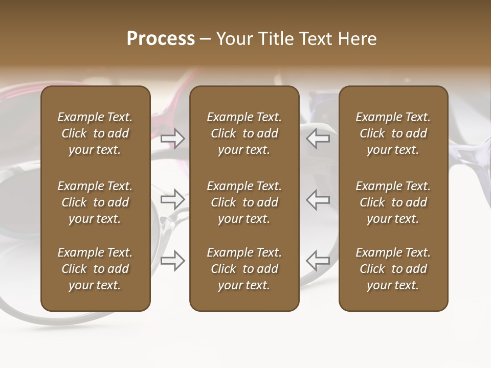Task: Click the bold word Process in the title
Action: (161, 39)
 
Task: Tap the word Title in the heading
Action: (275, 39)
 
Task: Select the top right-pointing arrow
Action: (173, 139)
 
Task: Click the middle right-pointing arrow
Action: (173, 199)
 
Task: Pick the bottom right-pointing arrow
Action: (173, 261)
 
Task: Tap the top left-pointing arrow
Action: (318, 139)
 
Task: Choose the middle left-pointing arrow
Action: (318, 199)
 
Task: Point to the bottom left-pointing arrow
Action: (318, 261)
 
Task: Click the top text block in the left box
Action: (95, 133)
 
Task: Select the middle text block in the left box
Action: (95, 202)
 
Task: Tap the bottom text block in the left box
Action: (95, 269)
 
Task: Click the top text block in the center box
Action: (244, 133)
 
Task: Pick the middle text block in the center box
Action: (244, 202)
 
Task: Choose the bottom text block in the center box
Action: (244, 269)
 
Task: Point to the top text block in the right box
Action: (393, 133)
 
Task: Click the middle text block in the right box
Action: (393, 202)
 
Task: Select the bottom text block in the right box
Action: (393, 269)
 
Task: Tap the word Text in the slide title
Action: (313, 39)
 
